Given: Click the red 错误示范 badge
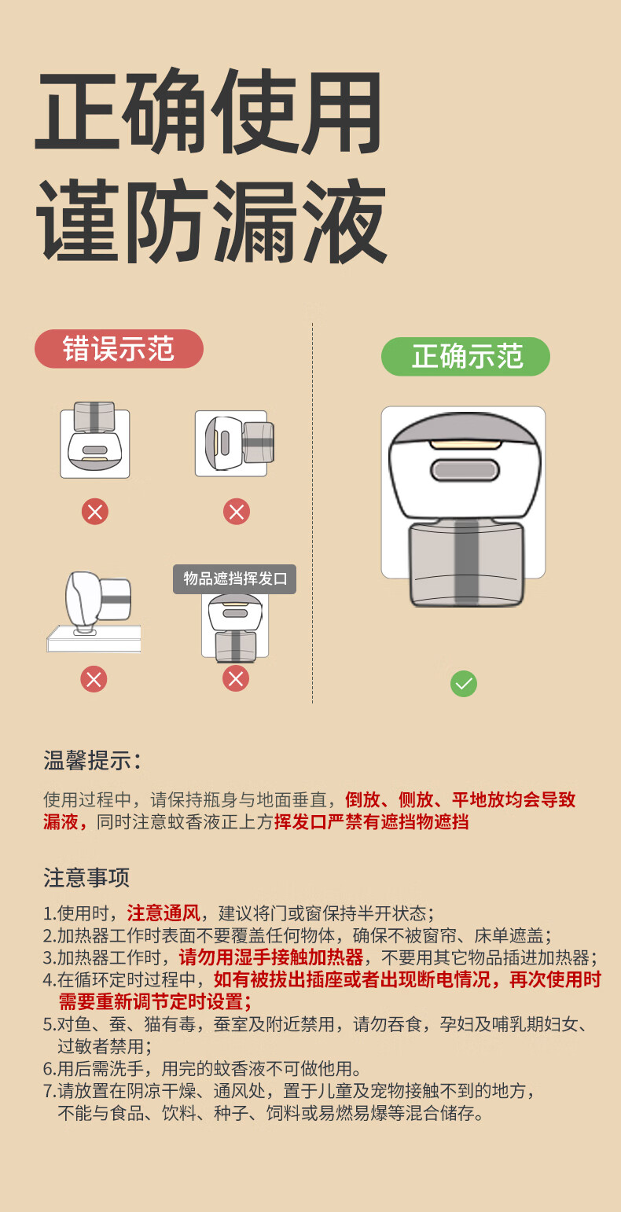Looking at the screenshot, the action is click(119, 349).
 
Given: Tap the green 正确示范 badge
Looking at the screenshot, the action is click(465, 356).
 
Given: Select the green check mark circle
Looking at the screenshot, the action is click(464, 684).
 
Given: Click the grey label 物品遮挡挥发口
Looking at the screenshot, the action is click(235, 579).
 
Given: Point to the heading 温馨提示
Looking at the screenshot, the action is click(92, 761).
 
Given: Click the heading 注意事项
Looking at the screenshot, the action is click(86, 877).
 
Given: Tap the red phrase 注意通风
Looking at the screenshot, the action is click(164, 913).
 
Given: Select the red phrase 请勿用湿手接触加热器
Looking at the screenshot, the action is click(271, 957).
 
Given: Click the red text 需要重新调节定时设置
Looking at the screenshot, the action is click(155, 1002).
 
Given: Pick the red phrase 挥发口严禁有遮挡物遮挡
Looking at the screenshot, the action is click(371, 822).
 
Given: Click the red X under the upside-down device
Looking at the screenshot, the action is click(95, 512).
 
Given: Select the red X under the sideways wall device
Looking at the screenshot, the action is click(236, 512).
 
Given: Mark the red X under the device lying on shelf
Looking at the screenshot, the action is click(94, 678).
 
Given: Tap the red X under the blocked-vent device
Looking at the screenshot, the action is click(236, 678).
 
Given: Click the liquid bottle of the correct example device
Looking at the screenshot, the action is click(465, 564).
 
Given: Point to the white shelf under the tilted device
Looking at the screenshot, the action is click(94, 639).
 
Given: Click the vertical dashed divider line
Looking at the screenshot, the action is click(313, 511).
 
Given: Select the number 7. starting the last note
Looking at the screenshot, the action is click(49, 1091).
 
